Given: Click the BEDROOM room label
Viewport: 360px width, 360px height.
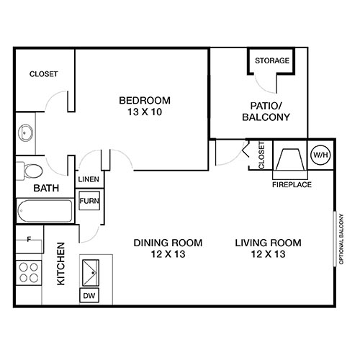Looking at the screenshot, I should coord(144,99).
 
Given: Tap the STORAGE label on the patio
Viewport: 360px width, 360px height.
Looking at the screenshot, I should coord(272,60).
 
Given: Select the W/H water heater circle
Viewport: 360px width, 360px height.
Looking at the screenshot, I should coord(318,155).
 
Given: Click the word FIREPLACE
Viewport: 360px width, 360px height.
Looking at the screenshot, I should coord(292,184).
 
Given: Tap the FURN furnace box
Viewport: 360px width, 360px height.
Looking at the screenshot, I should coord(89,201).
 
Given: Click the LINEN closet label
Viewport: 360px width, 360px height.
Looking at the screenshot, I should coord(88,180).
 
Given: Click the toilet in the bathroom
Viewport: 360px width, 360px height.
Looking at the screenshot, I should coord(30,171).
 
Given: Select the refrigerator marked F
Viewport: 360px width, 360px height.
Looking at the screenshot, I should coord(29,240).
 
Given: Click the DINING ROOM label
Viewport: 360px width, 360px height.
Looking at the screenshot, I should coord(168,242).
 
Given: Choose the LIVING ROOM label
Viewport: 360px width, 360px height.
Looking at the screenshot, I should coord(268,242).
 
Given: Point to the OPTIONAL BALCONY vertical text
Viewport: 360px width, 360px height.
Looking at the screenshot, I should coord(340,238).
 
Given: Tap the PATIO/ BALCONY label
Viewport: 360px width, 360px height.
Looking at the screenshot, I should coord(259,111).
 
